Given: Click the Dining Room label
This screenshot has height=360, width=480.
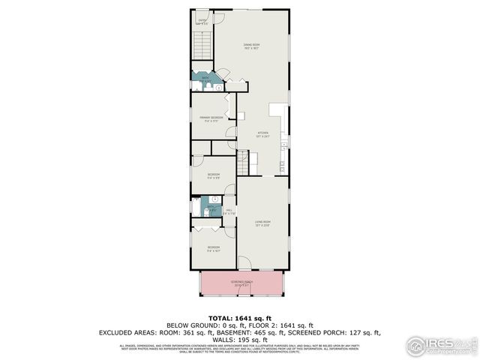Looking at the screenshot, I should [x=250, y=46].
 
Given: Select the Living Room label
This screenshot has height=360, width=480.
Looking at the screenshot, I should [x=262, y=222].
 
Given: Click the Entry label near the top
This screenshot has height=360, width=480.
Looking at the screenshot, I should [x=201, y=22].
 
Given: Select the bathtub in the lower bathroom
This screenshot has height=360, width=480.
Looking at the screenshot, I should [x=196, y=207].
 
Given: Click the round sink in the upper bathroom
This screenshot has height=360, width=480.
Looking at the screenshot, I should [x=218, y=88].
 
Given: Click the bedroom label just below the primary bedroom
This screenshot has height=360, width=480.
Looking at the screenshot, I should [x=214, y=177].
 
